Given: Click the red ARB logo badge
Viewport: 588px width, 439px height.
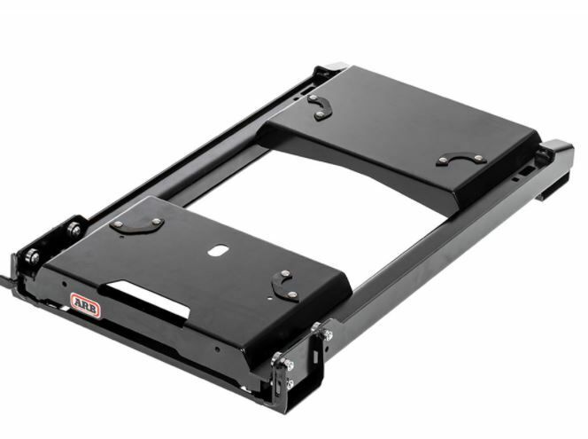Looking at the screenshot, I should click(x=85, y=304).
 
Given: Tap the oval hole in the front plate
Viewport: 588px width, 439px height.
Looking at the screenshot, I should click(x=216, y=251).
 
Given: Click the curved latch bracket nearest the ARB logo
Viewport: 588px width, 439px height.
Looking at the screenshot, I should click(x=137, y=225).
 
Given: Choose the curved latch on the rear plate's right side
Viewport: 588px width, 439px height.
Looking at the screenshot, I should click(x=460, y=161).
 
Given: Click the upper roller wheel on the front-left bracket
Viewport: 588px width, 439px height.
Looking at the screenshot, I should click(x=72, y=230).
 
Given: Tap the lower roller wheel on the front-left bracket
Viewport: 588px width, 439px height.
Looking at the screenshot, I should click(x=33, y=258).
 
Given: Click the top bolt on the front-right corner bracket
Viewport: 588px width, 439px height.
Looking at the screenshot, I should click(x=329, y=335).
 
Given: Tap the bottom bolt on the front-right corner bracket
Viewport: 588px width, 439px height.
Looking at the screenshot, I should click(x=290, y=384).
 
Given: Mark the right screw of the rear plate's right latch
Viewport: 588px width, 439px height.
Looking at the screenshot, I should click(x=478, y=158).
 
